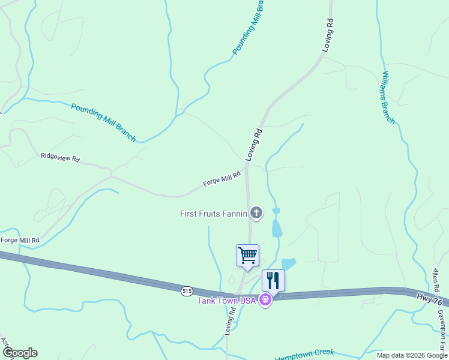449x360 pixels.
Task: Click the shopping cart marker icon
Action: (247, 256)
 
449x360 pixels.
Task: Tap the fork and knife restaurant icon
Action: (273, 280)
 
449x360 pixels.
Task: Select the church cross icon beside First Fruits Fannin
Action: (256, 213)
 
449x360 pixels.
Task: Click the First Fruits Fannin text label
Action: (214, 214)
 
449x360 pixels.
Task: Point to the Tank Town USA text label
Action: (227, 300)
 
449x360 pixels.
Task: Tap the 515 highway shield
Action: (187, 291)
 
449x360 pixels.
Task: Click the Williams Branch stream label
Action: (388, 97)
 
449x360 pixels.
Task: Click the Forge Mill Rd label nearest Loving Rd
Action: (221, 178)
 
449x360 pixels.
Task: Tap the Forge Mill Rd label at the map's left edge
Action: (20, 240)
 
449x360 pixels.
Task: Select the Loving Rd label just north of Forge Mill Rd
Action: (255, 144)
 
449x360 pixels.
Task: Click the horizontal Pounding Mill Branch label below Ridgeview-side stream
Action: (103, 123)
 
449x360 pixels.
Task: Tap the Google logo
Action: (20, 353)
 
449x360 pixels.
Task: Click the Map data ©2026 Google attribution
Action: (411, 355)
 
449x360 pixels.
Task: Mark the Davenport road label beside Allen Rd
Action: (442, 330)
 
